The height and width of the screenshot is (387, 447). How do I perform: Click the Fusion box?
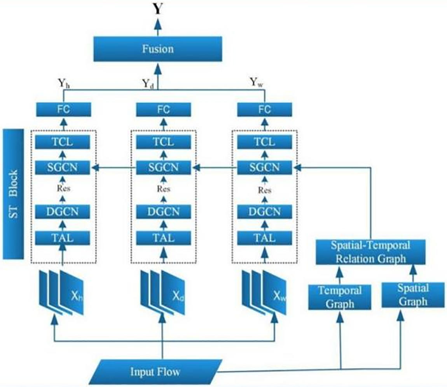[157, 49]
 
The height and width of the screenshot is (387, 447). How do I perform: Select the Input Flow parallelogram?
[155, 372]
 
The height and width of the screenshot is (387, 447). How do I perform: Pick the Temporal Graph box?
[340, 297]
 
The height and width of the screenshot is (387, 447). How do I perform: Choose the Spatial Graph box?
[413, 295]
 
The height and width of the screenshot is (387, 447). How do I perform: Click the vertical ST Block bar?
[13, 194]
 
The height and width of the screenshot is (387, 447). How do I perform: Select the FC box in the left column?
[63, 109]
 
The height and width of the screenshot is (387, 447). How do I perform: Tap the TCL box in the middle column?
[163, 142]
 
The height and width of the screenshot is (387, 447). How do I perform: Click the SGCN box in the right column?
[265, 168]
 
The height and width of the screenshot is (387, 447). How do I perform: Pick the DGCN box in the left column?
[63, 212]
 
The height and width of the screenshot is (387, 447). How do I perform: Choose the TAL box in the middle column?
[163, 237]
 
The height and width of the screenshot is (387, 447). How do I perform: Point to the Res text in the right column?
[265, 190]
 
